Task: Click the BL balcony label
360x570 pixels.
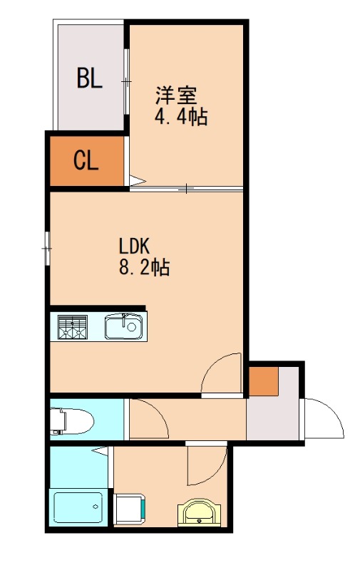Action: point(90,78)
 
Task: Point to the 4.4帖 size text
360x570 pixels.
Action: point(181,117)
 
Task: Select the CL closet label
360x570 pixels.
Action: point(86,162)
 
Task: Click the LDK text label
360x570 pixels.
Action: point(133,246)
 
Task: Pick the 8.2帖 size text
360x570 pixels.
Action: point(143,269)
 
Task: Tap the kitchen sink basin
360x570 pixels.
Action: point(124,327)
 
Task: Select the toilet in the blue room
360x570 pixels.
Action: point(71,420)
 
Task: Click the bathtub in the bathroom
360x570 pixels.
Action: point(78,507)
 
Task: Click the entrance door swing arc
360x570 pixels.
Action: point(324,420)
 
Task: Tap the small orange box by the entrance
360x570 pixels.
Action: point(262,380)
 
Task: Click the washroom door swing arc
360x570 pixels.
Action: point(207,467)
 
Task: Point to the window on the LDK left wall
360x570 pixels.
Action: point(46,249)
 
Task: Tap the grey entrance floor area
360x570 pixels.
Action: point(274,420)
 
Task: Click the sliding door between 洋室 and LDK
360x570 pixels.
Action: point(187,189)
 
